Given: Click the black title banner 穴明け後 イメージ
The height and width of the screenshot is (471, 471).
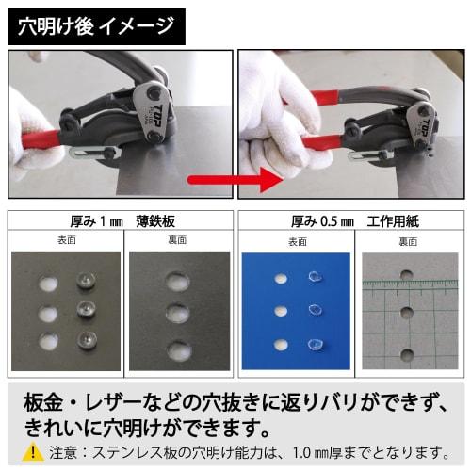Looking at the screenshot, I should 95,24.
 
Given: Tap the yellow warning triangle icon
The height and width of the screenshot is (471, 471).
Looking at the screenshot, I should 32,451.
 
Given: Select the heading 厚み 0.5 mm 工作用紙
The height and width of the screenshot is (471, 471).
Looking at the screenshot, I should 349,222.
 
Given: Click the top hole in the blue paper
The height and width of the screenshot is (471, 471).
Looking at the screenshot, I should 279,278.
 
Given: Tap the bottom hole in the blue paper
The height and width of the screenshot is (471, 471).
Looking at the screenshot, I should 279,345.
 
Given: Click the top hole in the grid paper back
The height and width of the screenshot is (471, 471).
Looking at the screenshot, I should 406,275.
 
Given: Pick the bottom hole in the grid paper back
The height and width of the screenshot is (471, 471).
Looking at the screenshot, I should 406,355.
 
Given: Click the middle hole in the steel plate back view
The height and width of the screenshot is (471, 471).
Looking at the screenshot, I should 177,314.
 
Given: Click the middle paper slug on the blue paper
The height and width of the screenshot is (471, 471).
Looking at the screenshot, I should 313,310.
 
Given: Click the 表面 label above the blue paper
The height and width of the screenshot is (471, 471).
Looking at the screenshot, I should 296,241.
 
